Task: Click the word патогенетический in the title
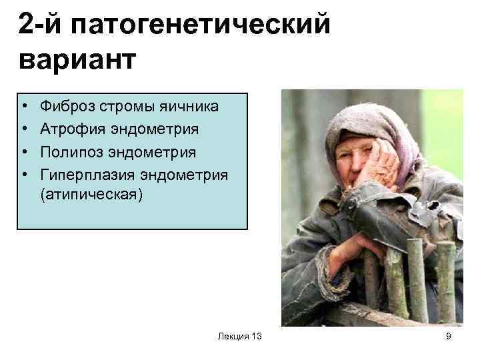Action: (x=203, y=26)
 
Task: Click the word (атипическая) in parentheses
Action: (x=91, y=197)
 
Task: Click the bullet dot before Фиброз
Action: (x=24, y=107)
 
